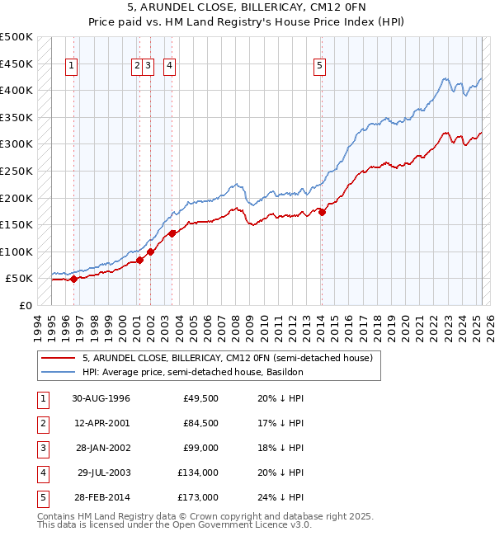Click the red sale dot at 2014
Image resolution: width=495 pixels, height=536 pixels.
click(x=322, y=212)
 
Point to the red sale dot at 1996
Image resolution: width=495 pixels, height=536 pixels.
click(x=74, y=279)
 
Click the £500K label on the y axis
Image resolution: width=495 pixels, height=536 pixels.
click(x=16, y=37)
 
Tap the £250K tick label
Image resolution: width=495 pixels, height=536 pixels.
click(x=16, y=171)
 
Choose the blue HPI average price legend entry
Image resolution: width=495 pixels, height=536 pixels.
click(x=192, y=372)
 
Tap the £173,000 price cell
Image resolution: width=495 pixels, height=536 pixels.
click(x=198, y=497)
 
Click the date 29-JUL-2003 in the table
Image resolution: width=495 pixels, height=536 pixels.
click(x=101, y=473)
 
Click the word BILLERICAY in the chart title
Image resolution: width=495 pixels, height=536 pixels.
click(x=236, y=7)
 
